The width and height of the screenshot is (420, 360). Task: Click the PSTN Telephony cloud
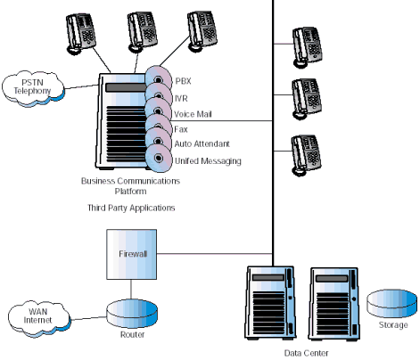pyautogui.click(x=33, y=88)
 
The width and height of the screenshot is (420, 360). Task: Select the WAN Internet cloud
pyautogui.click(x=39, y=318)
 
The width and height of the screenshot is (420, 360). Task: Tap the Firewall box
pyautogui.click(x=132, y=254)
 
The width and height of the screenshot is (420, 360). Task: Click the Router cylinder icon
pyautogui.click(x=132, y=313)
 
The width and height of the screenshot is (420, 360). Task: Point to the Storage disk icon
pyautogui.click(x=391, y=303)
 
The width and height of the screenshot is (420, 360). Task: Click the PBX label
pyautogui.click(x=183, y=81)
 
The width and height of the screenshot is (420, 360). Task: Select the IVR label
pyautogui.click(x=181, y=98)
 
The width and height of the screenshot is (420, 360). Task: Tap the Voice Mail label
pyautogui.click(x=193, y=114)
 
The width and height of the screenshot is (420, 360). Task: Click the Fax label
pyautogui.click(x=181, y=129)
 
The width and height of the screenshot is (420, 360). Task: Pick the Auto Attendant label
pyautogui.click(x=202, y=144)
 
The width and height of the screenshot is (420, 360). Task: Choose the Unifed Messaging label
pyautogui.click(x=208, y=161)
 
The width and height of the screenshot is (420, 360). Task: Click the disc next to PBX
pyautogui.click(x=159, y=78)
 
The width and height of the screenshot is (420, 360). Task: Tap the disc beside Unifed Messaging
pyautogui.click(x=159, y=158)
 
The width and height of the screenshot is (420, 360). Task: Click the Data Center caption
pyautogui.click(x=307, y=353)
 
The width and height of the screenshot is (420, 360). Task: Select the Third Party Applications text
pyautogui.click(x=131, y=208)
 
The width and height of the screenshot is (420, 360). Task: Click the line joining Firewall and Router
pyautogui.click(x=131, y=290)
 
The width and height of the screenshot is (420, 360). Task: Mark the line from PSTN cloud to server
pyautogui.click(x=82, y=86)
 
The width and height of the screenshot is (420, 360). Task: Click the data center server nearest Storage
pyautogui.click(x=334, y=304)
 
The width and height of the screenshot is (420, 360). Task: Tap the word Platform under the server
pyautogui.click(x=131, y=192)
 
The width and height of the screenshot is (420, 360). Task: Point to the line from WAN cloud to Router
pyautogui.click(x=89, y=318)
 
